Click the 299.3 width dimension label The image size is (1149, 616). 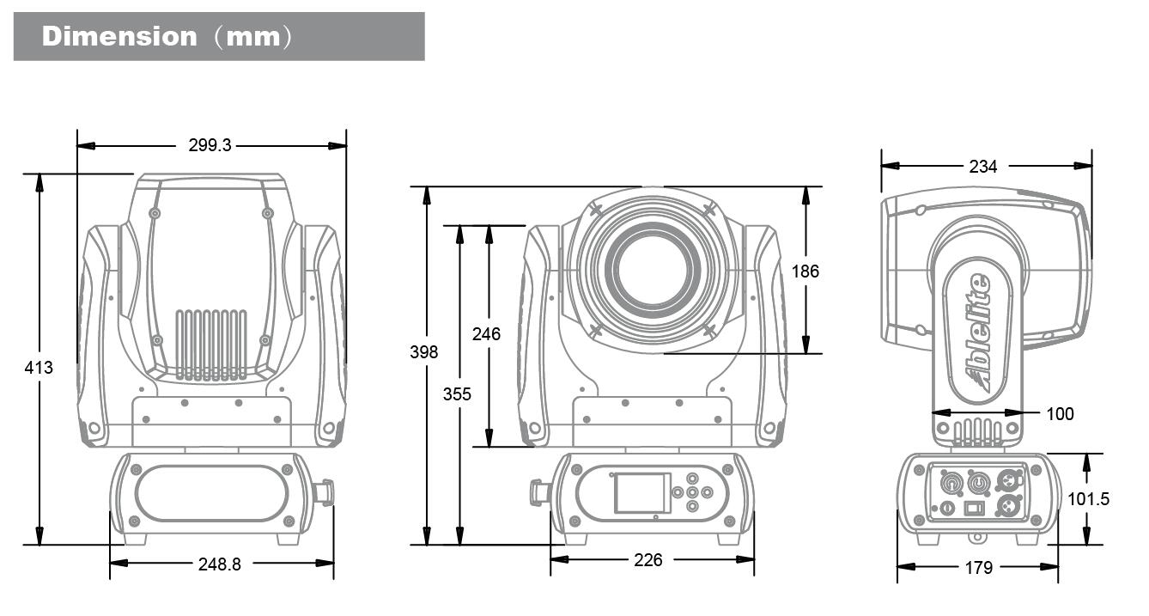click(210, 146)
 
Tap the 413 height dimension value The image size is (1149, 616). click(39, 368)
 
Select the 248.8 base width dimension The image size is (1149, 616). click(220, 564)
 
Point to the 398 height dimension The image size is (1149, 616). click(424, 351)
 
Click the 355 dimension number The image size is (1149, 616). click(457, 394)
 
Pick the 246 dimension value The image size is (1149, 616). click(486, 334)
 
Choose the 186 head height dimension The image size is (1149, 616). click(805, 271)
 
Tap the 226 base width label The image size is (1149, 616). click(648, 560)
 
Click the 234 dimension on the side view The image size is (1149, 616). click(983, 167)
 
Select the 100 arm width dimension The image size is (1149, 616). click(1060, 414)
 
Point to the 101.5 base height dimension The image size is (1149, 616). click(1088, 499)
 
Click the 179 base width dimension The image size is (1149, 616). click(978, 568)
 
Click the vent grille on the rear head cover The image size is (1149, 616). click(211, 345)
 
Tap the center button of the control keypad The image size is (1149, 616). click(692, 492)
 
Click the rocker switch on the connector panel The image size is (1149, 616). click(975, 508)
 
